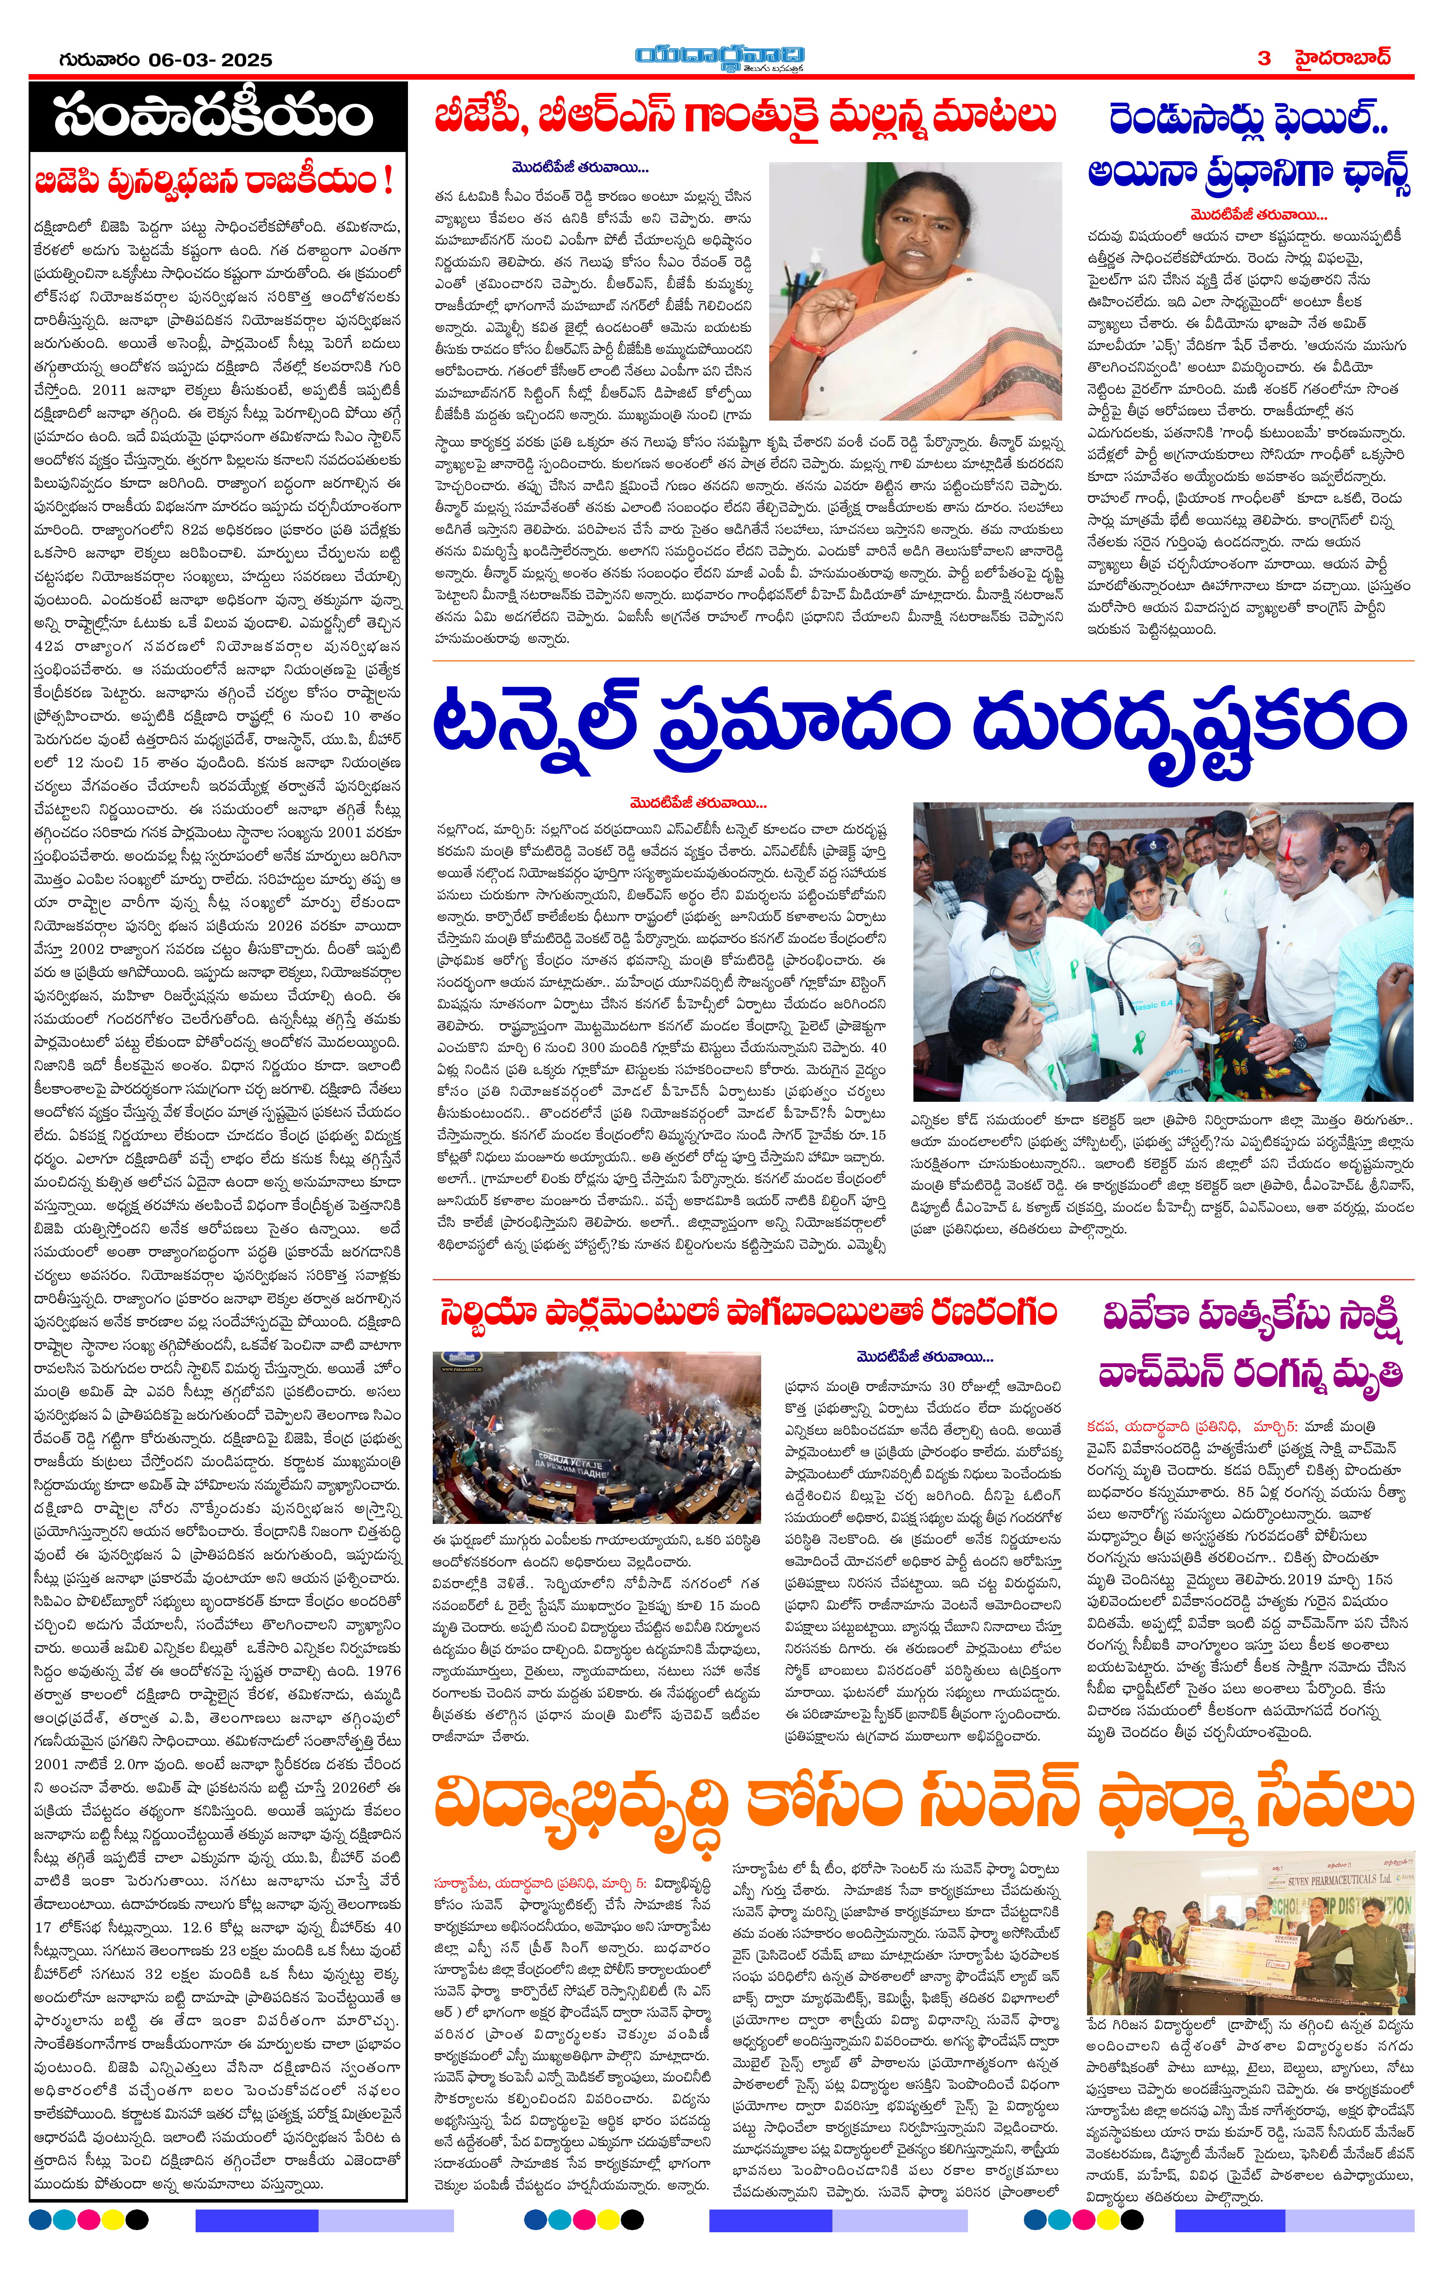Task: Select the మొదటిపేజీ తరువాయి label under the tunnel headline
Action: point(698,803)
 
